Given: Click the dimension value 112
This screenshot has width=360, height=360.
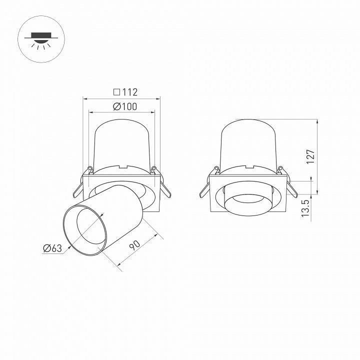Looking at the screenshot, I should point(129,92).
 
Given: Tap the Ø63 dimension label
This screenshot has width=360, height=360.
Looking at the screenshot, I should point(52,248).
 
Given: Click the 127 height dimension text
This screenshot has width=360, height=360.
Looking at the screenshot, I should point(310,156).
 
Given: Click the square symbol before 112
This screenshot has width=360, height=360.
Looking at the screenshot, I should point(116,92).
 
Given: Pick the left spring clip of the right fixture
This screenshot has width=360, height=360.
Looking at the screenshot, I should point(203,189).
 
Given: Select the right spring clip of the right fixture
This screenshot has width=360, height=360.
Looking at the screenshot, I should point(292,189).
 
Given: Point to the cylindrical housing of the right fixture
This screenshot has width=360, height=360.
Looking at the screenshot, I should point(248,142).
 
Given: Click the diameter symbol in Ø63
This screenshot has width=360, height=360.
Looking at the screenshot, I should point(45,248).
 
